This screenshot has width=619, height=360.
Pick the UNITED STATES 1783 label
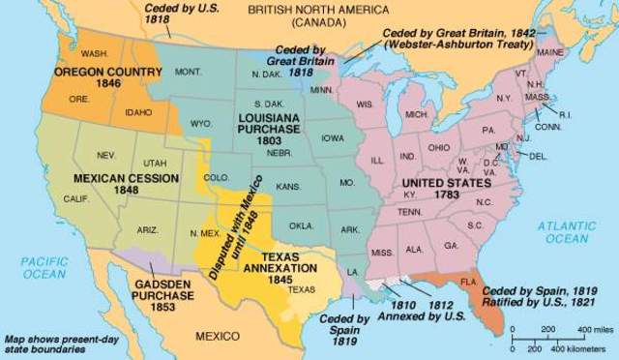(450, 190)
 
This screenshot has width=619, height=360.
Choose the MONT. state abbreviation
(188, 72)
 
